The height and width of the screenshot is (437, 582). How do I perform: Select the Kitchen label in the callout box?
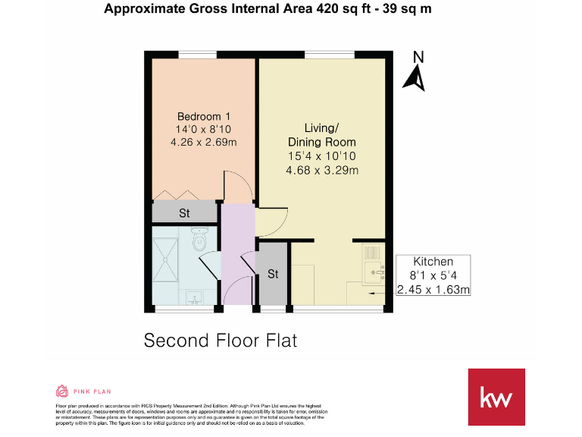click(433, 262)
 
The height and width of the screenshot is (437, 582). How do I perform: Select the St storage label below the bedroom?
click(184, 213)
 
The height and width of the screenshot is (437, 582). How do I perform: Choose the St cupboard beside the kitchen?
click(273, 274)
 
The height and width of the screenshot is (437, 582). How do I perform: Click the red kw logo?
click(496, 397)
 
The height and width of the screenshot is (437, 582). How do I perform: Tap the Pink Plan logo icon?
click(62, 391)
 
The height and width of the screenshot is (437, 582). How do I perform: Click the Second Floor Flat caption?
click(221, 340)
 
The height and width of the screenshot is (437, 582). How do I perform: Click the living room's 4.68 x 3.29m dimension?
click(321, 170)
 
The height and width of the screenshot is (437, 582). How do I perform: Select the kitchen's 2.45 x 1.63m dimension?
click(433, 289)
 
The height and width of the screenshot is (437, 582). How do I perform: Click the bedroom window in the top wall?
click(196, 53)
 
